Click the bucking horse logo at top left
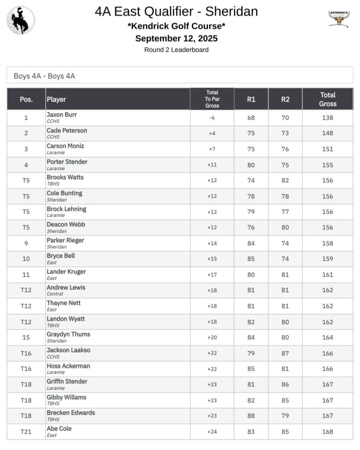(20, 20)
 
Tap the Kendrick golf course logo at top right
(339, 19)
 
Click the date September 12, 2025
(176, 38)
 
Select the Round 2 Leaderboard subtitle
(176, 50)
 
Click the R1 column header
(251, 99)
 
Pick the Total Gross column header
(327, 99)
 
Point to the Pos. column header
(26, 99)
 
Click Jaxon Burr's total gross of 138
(327, 118)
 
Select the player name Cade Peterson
(67, 131)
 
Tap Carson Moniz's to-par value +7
(212, 149)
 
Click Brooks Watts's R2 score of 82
(285, 180)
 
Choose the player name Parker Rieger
(65, 240)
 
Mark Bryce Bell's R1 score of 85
(251, 259)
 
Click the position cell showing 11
(26, 275)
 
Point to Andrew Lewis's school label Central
(55, 294)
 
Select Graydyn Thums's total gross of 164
(327, 337)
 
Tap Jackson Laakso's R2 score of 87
(285, 353)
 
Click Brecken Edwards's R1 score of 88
(251, 416)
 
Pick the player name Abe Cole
(59, 428)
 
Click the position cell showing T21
(26, 432)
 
